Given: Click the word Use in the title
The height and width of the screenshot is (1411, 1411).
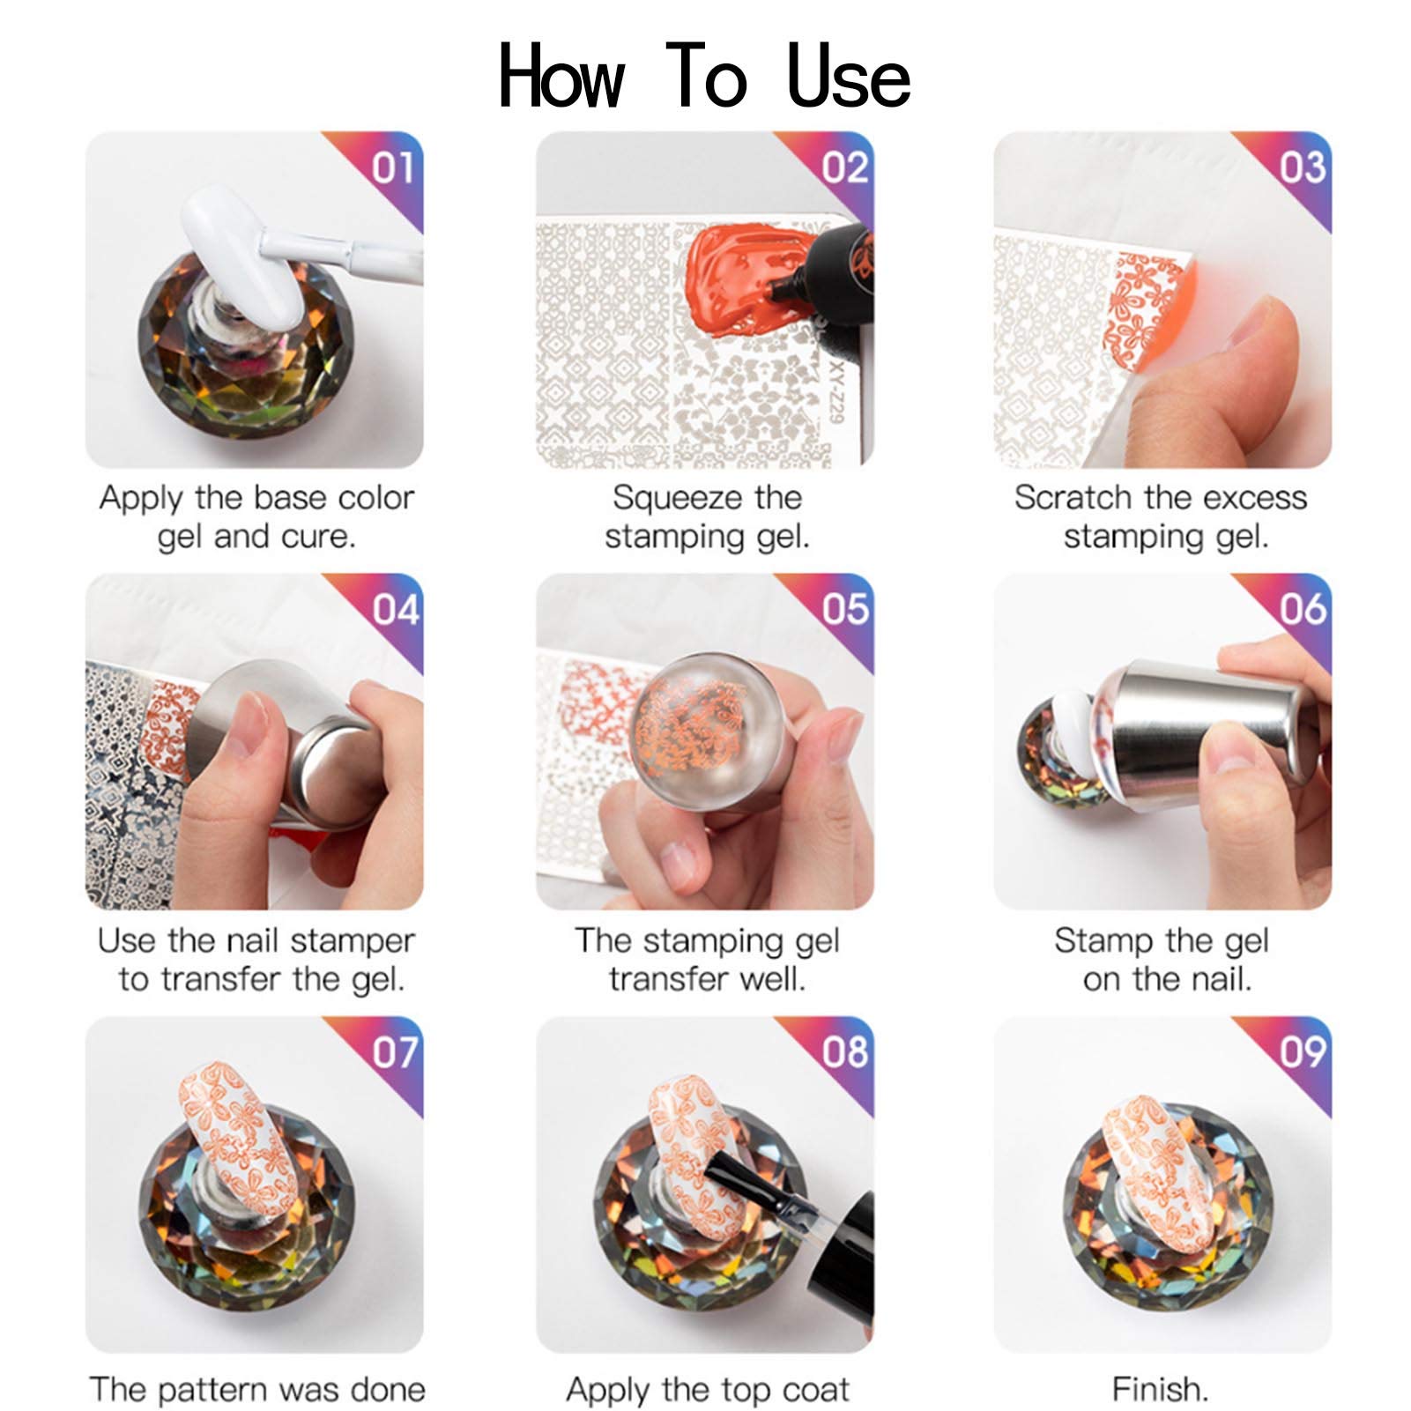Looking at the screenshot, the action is (x=848, y=77).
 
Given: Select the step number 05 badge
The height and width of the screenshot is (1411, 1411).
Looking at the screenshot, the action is (x=845, y=609).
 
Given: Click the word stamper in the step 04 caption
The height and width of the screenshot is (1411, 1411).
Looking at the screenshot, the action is (x=352, y=941).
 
